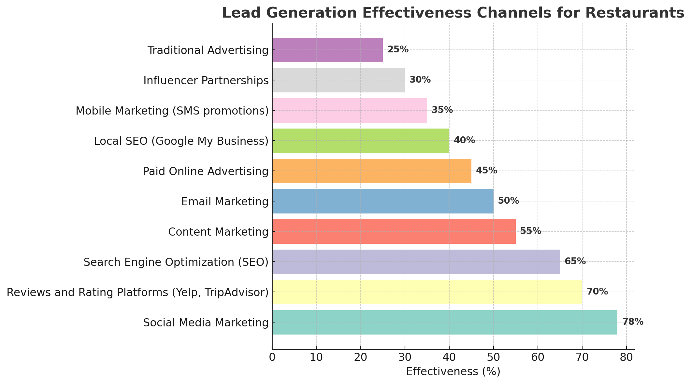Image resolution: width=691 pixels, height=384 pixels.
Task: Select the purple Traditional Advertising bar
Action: tap(327, 50)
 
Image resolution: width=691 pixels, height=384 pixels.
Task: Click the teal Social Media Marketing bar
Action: tap(444, 322)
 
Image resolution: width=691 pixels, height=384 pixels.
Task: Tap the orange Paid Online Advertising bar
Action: tap(371, 171)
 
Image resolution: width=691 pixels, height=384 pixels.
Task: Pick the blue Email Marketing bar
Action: tap(382, 201)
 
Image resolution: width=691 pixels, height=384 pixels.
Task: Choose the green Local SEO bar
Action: tap(360, 141)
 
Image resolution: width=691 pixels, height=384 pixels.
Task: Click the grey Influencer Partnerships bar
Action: tap(338, 80)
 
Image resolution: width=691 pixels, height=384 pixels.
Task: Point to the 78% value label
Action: tap(633, 322)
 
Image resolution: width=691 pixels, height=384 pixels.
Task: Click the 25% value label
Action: tap(397, 49)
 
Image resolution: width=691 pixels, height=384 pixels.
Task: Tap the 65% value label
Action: tap(575, 261)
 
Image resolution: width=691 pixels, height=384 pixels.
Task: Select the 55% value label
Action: tap(530, 231)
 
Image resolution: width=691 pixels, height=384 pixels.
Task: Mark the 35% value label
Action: tap(442, 110)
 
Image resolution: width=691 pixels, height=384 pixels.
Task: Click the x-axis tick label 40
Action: tap(449, 358)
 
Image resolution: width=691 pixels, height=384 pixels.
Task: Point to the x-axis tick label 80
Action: tap(626, 358)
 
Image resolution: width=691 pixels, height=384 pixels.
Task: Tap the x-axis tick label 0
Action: tap(272, 358)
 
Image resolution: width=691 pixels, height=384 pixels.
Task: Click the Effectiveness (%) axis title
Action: tap(453, 372)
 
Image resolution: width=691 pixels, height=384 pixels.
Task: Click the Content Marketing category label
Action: tap(218, 232)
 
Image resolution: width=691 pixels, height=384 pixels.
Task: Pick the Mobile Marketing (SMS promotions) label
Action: tap(172, 111)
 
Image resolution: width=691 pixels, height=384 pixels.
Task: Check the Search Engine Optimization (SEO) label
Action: tap(176, 262)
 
